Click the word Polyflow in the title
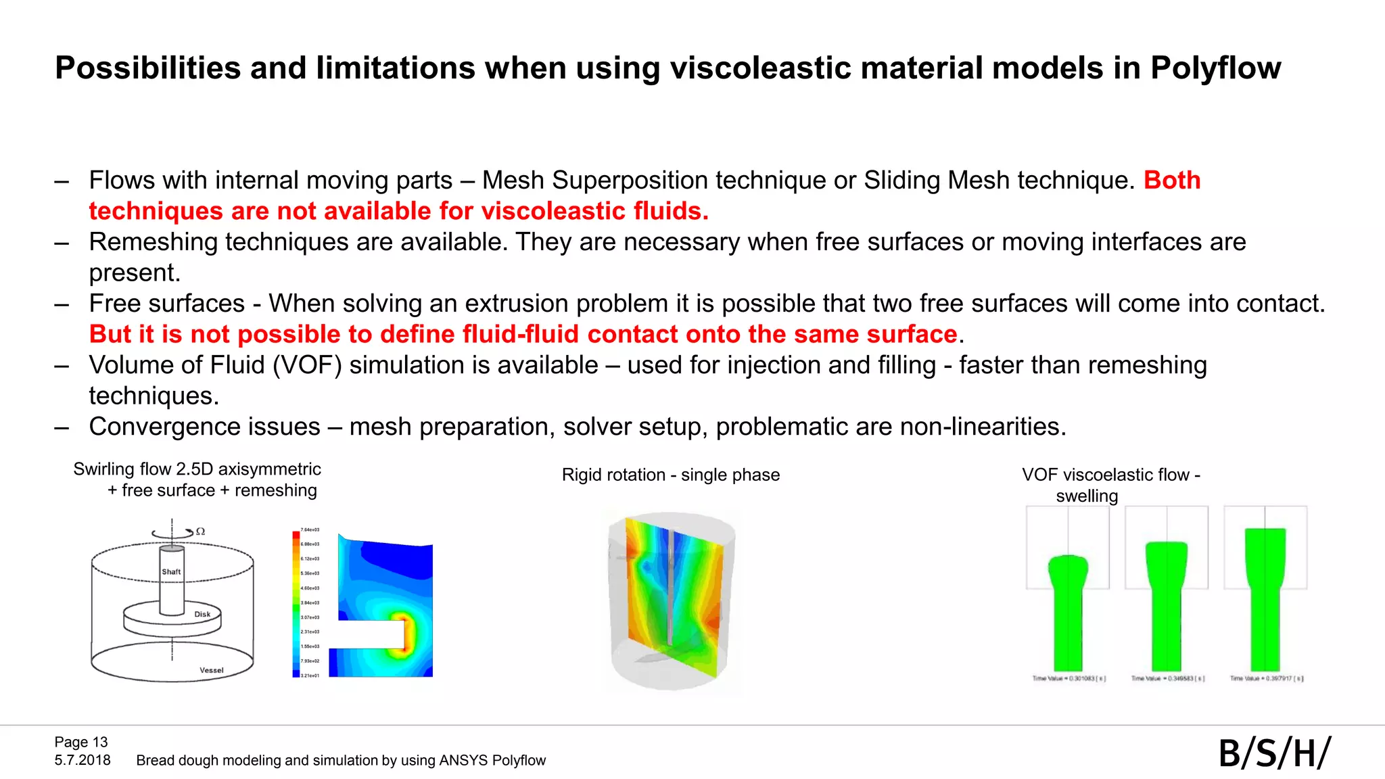[x=1215, y=68]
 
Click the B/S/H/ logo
[x=1274, y=753]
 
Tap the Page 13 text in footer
[x=81, y=742]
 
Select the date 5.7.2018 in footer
[x=83, y=760]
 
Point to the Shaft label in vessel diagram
[x=171, y=571]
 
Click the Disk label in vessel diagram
[x=202, y=614]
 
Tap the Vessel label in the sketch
[x=211, y=670]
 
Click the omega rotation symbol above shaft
[x=200, y=532]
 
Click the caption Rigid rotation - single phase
[x=670, y=475]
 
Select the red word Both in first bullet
[x=1172, y=181]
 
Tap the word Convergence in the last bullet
[x=204, y=427]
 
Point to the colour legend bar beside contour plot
[x=296, y=603]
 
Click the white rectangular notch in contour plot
[x=369, y=634]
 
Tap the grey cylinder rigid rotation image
[x=671, y=600]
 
